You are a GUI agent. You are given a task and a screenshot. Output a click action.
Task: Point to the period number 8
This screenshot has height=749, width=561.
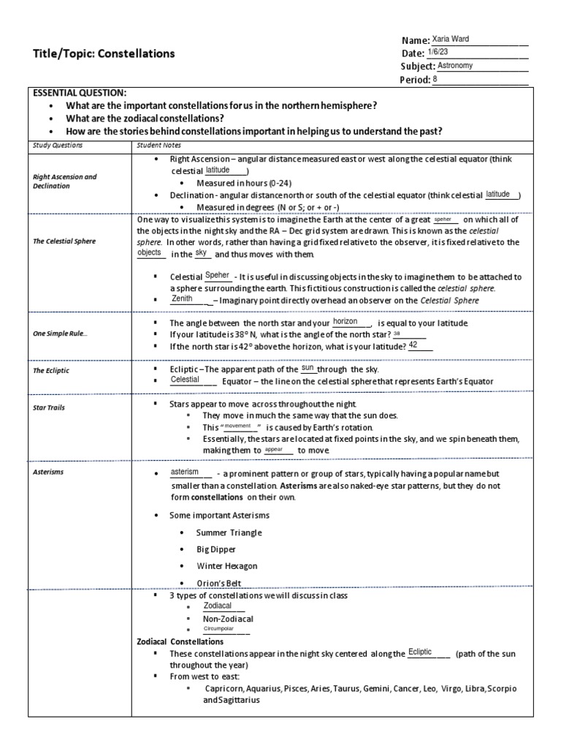[x=436, y=79]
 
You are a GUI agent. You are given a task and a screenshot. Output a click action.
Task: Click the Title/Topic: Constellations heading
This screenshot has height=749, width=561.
[x=104, y=53]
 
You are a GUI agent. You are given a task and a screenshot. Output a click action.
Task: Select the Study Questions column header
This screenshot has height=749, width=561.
[x=58, y=145]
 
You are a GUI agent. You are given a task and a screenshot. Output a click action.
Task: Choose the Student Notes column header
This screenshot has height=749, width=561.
[x=158, y=145]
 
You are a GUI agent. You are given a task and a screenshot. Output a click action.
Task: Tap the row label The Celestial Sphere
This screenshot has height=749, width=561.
[x=64, y=241]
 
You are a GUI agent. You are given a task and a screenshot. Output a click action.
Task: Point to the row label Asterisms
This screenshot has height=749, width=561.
[x=49, y=472]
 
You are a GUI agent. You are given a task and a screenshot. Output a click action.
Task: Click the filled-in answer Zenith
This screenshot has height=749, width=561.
[x=182, y=298]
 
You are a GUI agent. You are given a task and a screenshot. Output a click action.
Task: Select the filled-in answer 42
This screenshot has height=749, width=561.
[x=413, y=345]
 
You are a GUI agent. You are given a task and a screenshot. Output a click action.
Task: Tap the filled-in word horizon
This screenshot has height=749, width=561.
[x=346, y=321]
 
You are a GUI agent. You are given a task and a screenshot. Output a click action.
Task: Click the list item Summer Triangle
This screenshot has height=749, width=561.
[x=229, y=532]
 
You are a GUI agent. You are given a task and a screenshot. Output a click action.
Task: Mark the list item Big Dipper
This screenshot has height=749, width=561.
[x=215, y=549]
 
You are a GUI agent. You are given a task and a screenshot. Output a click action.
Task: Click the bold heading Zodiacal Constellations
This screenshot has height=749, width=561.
[x=180, y=641]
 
